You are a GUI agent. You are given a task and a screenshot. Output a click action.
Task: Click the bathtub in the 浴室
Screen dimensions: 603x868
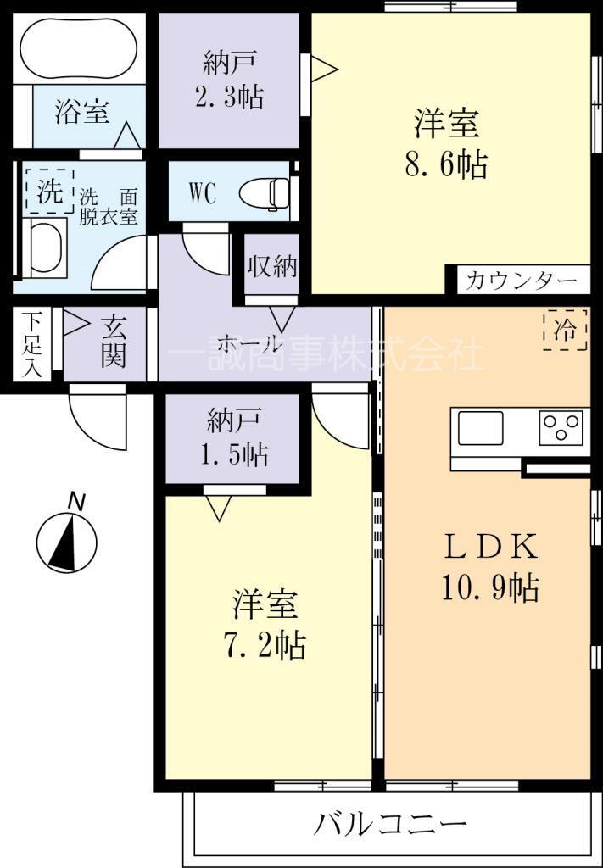click(78, 48)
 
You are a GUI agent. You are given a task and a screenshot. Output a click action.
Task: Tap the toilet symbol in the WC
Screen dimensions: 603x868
click(265, 192)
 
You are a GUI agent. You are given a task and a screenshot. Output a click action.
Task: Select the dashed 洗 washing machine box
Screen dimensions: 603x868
click(50, 191)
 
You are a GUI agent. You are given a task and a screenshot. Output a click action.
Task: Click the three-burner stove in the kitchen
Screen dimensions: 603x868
click(561, 427)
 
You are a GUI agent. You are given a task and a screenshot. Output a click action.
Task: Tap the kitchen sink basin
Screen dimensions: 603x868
click(479, 427)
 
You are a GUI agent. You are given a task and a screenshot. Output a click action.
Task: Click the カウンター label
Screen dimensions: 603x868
click(521, 281)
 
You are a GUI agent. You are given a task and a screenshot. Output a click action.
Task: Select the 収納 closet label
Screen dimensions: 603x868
click(271, 267)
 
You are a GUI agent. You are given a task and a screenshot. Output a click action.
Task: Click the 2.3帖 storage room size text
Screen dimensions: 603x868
click(228, 97)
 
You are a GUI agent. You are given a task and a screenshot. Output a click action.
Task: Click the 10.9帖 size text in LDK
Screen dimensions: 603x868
click(490, 588)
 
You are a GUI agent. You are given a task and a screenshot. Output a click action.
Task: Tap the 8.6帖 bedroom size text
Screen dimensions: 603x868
click(446, 164)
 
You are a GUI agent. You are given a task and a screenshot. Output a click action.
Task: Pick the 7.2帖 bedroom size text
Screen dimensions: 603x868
click(264, 646)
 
